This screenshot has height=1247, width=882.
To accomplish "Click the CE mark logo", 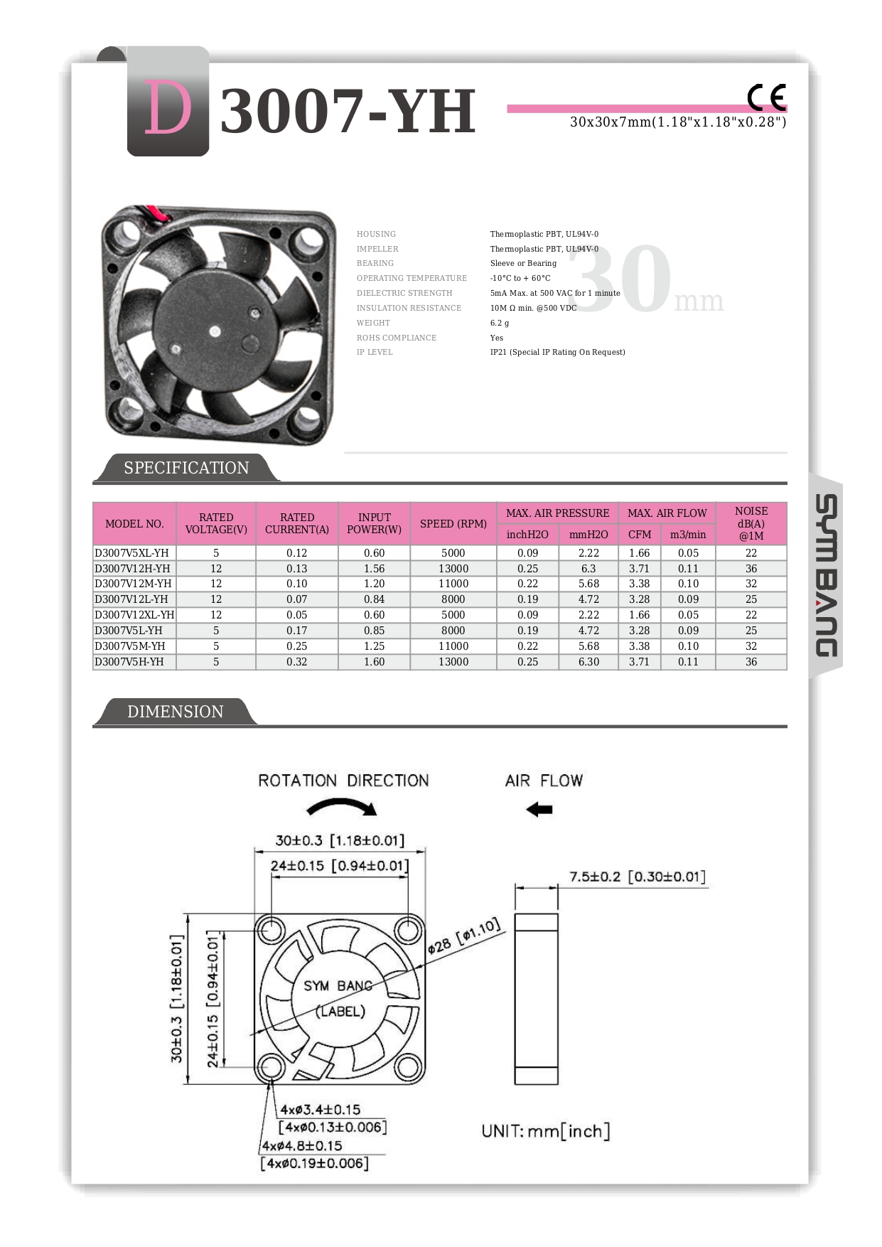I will [x=767, y=97].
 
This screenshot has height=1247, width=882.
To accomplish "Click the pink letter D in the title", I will [x=168, y=108].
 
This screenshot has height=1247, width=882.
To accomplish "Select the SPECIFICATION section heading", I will [x=186, y=468].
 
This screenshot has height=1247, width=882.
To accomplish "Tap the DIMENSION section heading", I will [x=175, y=712].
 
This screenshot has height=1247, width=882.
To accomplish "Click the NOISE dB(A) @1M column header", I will [x=751, y=523].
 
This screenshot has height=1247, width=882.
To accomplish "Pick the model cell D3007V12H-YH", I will [x=133, y=569].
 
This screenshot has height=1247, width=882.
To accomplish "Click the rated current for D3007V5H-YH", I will [x=296, y=662].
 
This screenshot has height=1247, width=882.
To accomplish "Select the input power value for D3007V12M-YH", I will [x=374, y=584].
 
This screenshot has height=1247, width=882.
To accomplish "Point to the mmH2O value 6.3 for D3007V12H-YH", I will [x=588, y=569].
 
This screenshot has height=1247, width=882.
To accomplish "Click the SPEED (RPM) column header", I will [x=453, y=524].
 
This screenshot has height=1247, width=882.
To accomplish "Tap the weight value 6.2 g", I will [x=500, y=323].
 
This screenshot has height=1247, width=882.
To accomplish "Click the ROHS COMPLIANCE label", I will [x=397, y=338].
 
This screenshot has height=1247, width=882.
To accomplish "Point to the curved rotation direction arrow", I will [x=342, y=807].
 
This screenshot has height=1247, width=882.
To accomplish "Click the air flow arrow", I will [x=540, y=809].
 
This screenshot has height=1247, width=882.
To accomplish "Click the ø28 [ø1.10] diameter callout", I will [x=465, y=937].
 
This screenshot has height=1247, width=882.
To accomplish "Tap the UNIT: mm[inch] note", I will [x=545, y=1131].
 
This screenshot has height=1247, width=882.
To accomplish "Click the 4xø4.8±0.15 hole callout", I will [x=302, y=1146].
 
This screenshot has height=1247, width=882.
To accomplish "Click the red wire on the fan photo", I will [x=156, y=212].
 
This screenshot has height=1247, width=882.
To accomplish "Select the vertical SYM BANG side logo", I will [x=826, y=576].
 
